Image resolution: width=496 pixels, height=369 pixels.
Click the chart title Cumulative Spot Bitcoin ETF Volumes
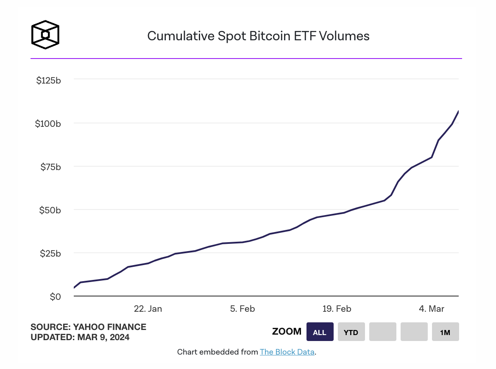click(x=258, y=36)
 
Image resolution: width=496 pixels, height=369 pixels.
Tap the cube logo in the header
click(x=45, y=34)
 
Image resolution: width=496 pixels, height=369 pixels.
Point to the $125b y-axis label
click(x=49, y=80)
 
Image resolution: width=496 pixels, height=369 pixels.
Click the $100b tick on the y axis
click(x=49, y=123)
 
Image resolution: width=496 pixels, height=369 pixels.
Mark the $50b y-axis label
click(x=51, y=210)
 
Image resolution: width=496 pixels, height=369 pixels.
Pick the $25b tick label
click(x=51, y=253)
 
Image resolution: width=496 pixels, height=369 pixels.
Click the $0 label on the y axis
click(x=56, y=296)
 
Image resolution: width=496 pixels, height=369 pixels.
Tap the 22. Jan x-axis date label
click(x=148, y=309)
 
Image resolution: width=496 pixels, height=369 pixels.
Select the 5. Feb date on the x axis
click(x=242, y=309)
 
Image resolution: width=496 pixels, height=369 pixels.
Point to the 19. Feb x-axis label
click(x=337, y=309)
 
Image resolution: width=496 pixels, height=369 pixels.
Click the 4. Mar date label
click(x=432, y=309)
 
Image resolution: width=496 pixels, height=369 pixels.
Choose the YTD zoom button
click(x=351, y=332)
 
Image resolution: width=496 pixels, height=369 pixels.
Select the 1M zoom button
click(x=445, y=332)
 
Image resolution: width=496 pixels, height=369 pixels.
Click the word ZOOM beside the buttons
click(x=287, y=332)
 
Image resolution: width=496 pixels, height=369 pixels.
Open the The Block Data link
click(x=287, y=352)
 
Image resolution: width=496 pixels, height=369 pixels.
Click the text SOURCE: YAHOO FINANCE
click(x=88, y=327)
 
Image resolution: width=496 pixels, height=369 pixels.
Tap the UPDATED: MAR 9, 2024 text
click(x=80, y=338)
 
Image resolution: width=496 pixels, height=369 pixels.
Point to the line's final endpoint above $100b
click(x=458, y=112)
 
